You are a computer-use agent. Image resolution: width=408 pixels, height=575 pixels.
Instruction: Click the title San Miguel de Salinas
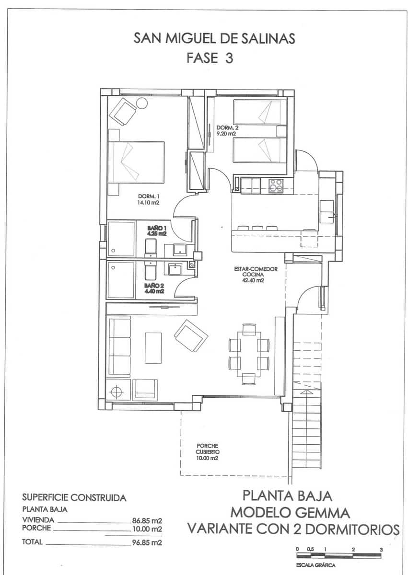tap(214, 39)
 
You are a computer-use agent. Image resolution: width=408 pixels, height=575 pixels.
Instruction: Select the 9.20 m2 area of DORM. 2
tap(226, 134)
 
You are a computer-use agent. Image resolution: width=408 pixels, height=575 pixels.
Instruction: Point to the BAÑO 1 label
tap(157, 228)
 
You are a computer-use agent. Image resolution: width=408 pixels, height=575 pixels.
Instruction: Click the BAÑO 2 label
tap(154, 286)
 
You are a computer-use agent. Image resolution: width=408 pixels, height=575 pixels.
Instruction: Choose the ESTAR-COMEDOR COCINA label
tap(256, 272)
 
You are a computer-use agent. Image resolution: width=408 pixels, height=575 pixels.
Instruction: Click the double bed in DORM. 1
tap(136, 162)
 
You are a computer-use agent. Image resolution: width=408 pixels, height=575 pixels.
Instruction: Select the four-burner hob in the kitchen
tap(276, 185)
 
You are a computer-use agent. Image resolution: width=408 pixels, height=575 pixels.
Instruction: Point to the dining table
tap(249, 354)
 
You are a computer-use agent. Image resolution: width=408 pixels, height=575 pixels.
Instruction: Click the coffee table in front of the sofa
tap(153, 348)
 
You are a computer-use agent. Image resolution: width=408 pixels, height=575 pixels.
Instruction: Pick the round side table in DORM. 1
tap(141, 103)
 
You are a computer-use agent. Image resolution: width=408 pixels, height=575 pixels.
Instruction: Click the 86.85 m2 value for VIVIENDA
tap(147, 520)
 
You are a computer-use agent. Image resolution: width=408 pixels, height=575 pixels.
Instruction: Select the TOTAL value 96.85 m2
tap(147, 542)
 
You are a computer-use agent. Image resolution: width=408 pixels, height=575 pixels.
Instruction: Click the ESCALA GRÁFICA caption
tap(316, 565)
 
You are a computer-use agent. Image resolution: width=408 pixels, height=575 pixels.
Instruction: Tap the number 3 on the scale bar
tap(381, 549)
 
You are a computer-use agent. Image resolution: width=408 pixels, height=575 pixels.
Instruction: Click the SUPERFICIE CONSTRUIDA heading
tap(74, 498)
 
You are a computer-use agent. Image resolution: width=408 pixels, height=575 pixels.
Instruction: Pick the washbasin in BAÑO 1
tap(179, 250)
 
